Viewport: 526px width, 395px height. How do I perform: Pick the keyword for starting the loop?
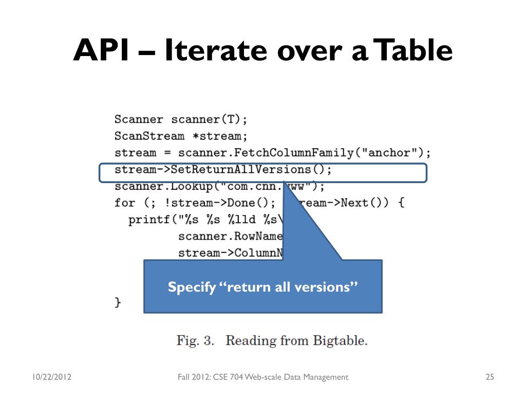click(125, 203)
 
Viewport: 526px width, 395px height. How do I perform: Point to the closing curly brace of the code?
click(118, 302)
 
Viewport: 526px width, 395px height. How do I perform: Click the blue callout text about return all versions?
click(262, 287)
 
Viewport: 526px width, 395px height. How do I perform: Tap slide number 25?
click(489, 378)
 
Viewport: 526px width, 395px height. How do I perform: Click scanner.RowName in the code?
click(230, 236)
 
